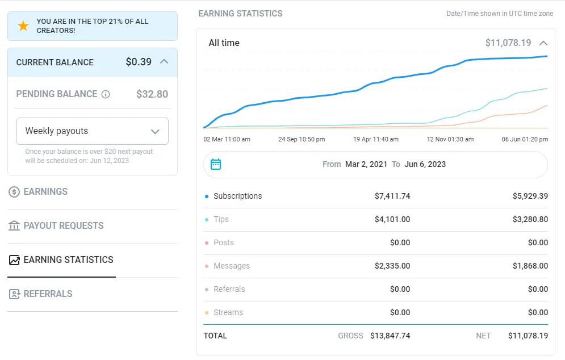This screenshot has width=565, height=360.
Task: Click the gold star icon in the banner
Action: tap(23, 26)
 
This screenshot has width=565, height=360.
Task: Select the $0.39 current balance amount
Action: tap(139, 62)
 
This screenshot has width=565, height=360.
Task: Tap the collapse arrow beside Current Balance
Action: tap(164, 61)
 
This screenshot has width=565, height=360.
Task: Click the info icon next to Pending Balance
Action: tap(105, 94)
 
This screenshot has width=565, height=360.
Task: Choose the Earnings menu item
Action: tap(45, 192)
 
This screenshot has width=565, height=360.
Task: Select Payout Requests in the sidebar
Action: tap(63, 226)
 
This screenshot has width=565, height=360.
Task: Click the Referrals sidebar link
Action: tap(48, 294)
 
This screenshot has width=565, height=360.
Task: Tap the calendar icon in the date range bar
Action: tap(216, 164)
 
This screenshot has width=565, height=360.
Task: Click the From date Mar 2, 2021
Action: tap(367, 164)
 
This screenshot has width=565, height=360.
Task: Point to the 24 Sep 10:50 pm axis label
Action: tap(302, 139)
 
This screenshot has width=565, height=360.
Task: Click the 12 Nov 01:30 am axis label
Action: tap(450, 139)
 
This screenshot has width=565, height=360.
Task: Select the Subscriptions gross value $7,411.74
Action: tap(392, 196)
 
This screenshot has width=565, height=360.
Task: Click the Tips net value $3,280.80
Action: tap(530, 219)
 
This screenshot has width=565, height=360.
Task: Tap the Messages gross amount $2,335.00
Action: tap(392, 266)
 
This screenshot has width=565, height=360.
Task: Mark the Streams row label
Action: tap(228, 312)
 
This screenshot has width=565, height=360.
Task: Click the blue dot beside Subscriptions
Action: tap(207, 196)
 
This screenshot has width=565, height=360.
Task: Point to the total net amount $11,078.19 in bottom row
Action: tap(528, 336)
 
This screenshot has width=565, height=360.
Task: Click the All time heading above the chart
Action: tap(224, 43)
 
